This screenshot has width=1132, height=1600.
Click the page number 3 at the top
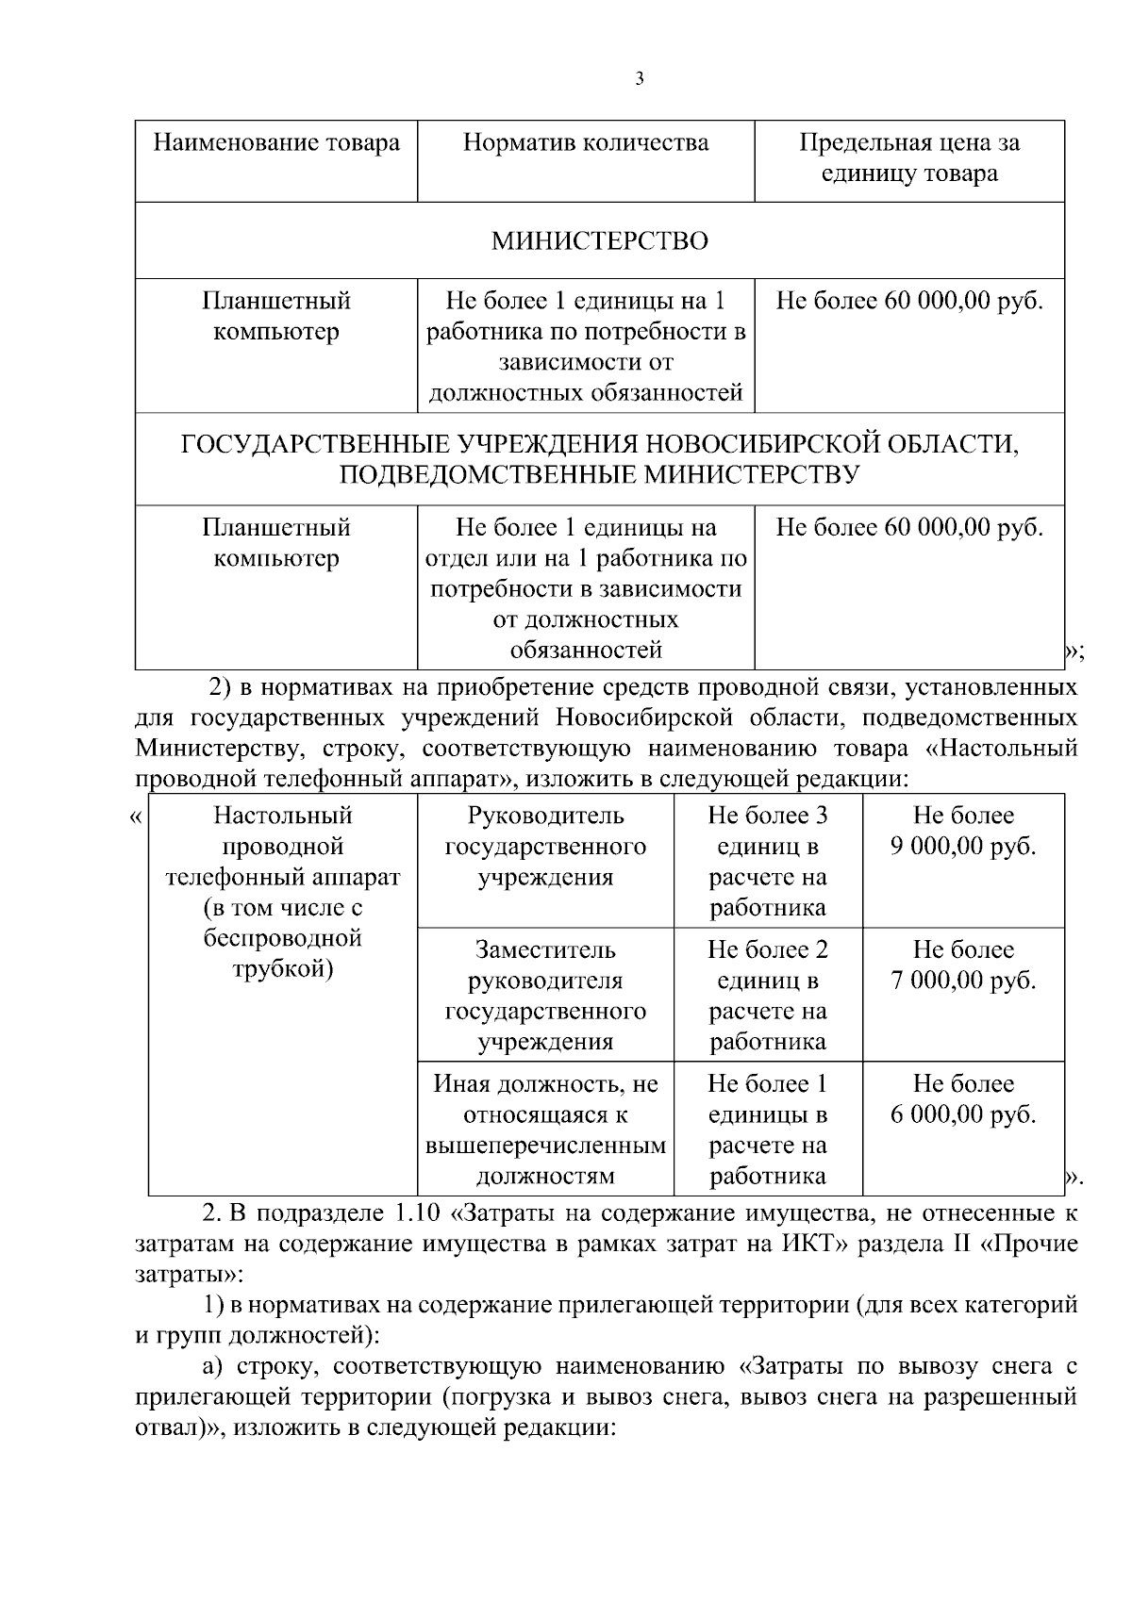tap(640, 79)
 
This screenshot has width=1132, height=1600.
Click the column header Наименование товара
tap(276, 143)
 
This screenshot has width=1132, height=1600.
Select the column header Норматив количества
tap(586, 143)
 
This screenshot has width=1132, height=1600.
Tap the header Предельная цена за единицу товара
tap(909, 158)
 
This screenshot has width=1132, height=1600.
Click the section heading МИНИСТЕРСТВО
tap(599, 241)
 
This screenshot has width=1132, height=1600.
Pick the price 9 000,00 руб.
tap(963, 847)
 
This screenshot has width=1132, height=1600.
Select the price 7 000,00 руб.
tap(963, 981)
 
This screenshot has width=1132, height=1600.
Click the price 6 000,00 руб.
tap(963, 1114)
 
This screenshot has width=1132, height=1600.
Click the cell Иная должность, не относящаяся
tap(545, 1130)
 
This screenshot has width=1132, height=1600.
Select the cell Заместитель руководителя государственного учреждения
tap(545, 996)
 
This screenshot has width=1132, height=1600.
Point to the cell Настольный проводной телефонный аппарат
tap(282, 847)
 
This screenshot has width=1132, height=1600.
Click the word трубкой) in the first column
tap(282, 969)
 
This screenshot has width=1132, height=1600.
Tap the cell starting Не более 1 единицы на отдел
tap(586, 588)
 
